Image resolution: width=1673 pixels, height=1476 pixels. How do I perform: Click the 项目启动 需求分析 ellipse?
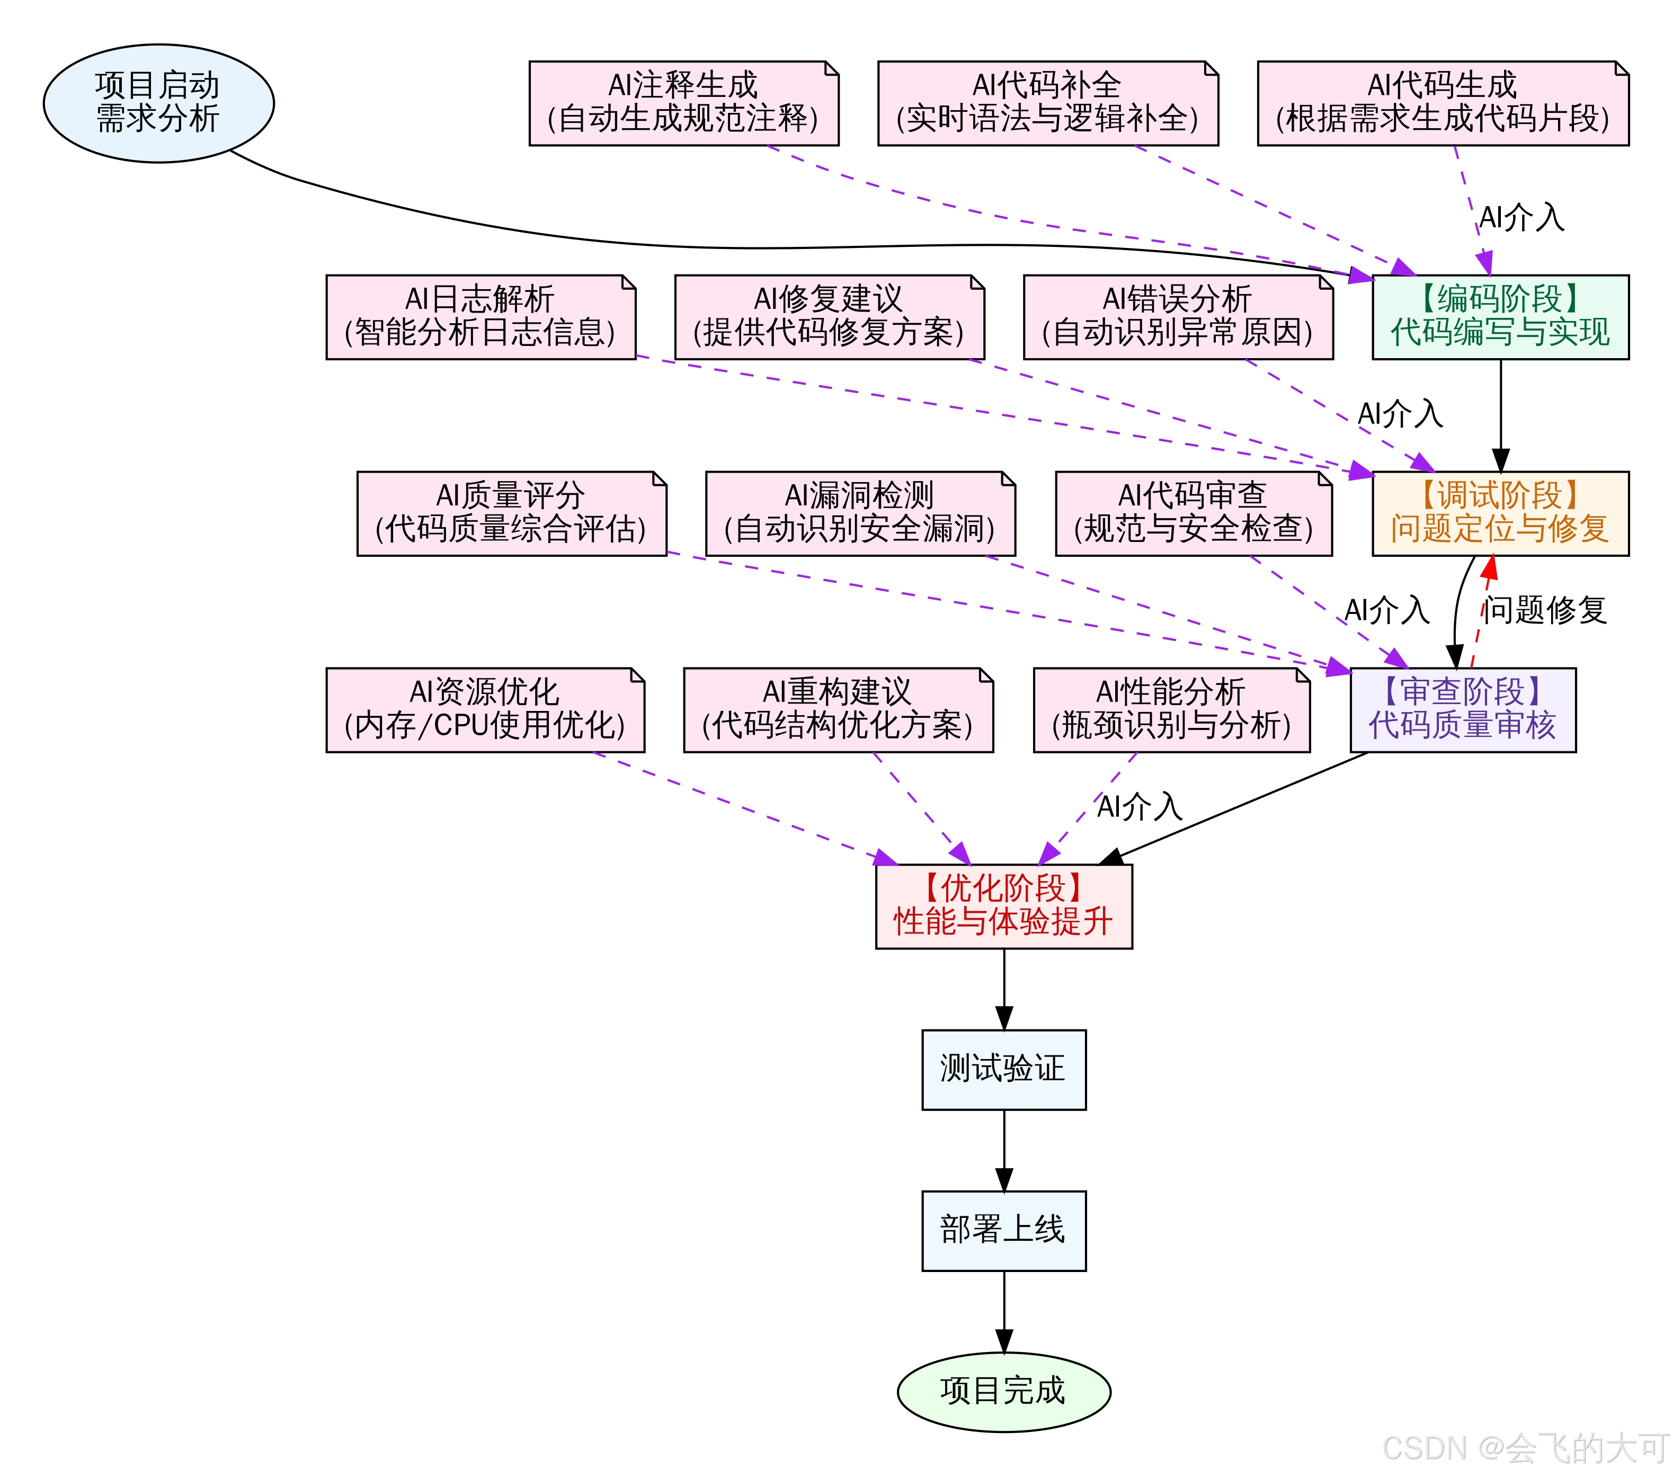click(x=158, y=103)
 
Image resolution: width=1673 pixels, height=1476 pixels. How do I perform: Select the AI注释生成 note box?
click(x=683, y=103)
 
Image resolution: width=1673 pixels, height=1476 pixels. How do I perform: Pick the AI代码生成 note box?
click(x=1442, y=103)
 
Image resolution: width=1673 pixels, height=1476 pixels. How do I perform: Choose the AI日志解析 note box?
click(x=480, y=317)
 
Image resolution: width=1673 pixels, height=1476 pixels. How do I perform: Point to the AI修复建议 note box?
click(x=829, y=317)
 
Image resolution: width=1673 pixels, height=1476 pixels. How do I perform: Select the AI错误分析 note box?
click(x=1177, y=317)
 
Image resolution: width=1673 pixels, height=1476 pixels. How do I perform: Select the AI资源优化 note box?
click(x=485, y=710)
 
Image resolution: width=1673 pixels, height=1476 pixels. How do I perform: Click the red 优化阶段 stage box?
click(x=1003, y=906)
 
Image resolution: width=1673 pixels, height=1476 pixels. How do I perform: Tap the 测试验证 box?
click(x=1003, y=1069)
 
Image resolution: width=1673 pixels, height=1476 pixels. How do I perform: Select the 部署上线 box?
click(x=1003, y=1230)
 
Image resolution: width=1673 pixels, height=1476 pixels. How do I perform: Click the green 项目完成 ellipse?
click(x=1003, y=1392)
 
